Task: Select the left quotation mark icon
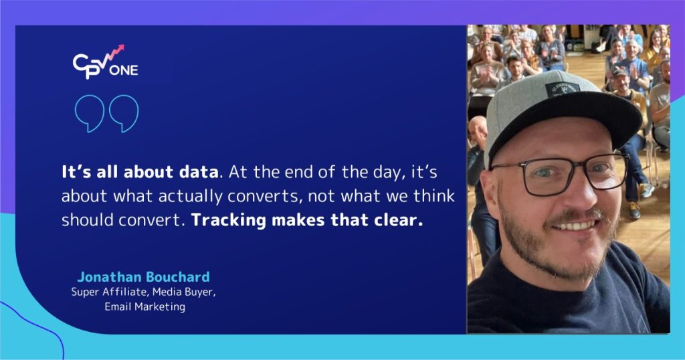coord(90,112)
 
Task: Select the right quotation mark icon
coord(124,112)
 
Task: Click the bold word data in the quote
coord(199,171)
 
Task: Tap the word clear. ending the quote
coord(397,220)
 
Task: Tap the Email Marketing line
coord(144,307)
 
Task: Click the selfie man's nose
coord(565,194)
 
